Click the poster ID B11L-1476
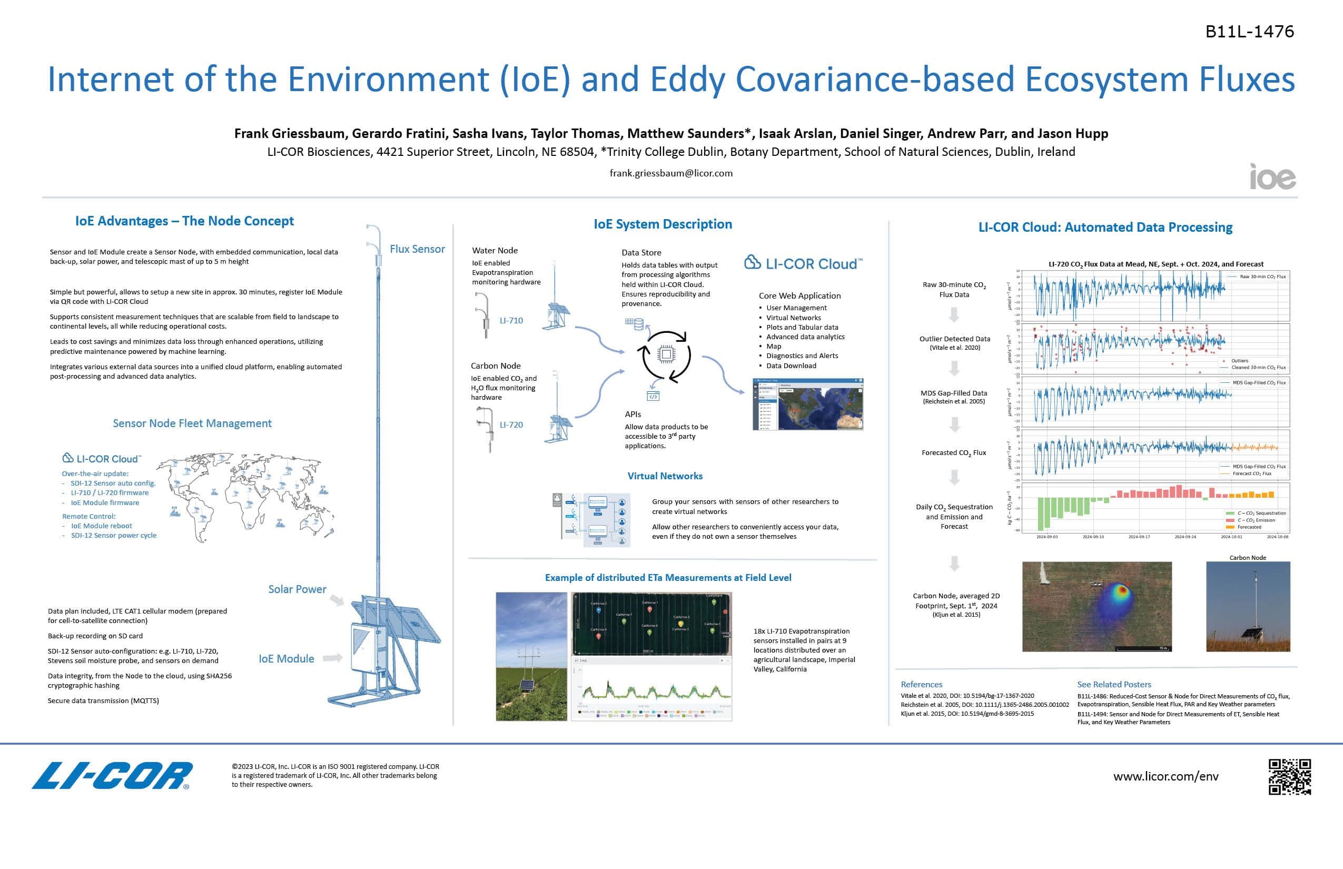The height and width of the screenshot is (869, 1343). (x=1249, y=32)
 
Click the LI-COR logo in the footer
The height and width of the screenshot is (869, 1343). (x=112, y=776)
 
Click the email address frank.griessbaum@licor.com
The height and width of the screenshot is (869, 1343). (x=671, y=173)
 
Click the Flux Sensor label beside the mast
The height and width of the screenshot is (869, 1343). (x=417, y=249)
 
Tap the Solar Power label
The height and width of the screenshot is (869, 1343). (x=297, y=589)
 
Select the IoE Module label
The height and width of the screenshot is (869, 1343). (x=286, y=658)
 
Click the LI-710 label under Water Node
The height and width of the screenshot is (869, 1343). (x=511, y=321)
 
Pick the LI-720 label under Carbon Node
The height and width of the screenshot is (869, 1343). (x=511, y=424)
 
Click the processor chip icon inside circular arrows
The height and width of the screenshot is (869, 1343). (x=666, y=354)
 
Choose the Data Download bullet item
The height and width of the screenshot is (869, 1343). (x=791, y=366)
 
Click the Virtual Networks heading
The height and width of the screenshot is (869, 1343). (x=665, y=476)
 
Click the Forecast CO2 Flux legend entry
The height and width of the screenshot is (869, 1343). (x=1251, y=473)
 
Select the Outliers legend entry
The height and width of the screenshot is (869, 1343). (x=1239, y=361)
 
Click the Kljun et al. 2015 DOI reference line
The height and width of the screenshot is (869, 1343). (x=966, y=714)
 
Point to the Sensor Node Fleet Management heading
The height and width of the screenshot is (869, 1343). (x=192, y=423)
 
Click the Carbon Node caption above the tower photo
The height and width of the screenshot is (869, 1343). (x=1248, y=558)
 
